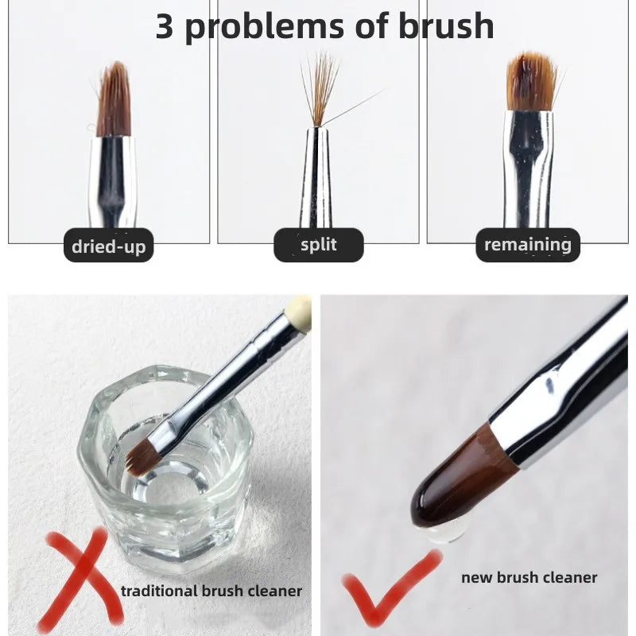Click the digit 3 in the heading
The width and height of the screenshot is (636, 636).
(x=165, y=26)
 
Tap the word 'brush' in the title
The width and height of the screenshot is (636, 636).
(x=446, y=25)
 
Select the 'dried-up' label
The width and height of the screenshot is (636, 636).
(x=109, y=246)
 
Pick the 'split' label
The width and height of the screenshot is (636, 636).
(x=319, y=245)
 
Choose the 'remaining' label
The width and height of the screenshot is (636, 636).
(x=528, y=245)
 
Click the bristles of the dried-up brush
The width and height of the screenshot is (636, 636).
(x=114, y=102)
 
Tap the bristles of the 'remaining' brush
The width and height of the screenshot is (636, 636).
(x=531, y=83)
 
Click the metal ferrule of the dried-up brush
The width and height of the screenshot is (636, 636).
(x=113, y=182)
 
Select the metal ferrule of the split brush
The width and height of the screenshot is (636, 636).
(x=316, y=177)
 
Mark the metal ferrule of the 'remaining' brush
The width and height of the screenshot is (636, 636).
(x=529, y=169)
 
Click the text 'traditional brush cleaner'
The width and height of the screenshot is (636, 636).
(x=211, y=591)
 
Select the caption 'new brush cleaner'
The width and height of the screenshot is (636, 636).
(x=529, y=577)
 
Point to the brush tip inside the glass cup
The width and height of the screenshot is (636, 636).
(x=143, y=456)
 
